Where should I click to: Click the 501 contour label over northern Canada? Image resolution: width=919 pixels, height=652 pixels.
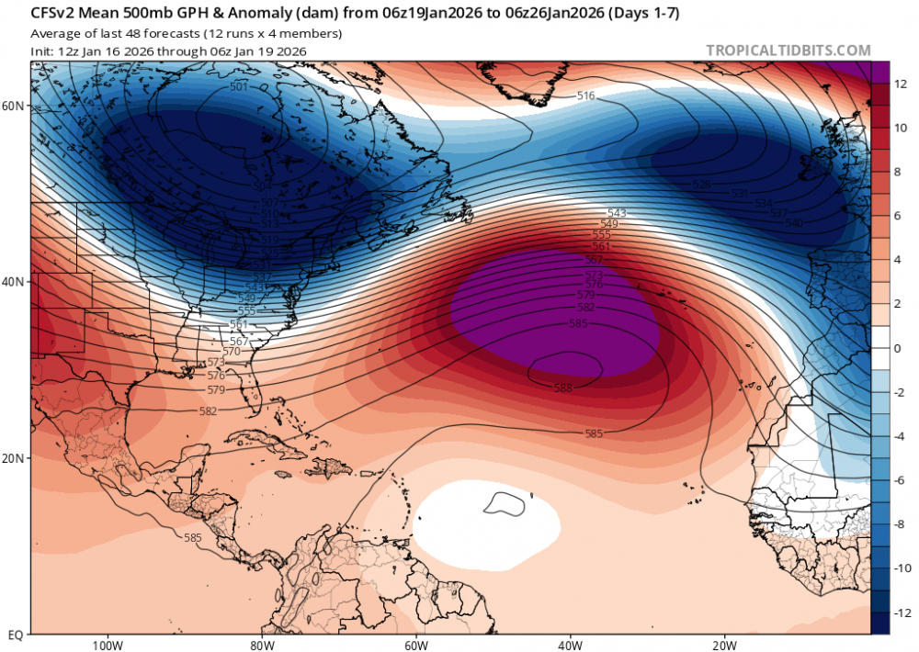click(239, 87)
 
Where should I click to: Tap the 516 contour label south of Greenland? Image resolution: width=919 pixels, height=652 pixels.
click(585, 96)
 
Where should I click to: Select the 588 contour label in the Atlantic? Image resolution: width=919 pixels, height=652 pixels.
click(563, 388)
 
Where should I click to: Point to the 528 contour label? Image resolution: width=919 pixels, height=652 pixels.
click(701, 185)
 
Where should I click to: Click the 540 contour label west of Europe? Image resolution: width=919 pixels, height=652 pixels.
click(794, 223)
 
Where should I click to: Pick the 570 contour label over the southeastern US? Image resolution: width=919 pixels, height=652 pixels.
click(231, 352)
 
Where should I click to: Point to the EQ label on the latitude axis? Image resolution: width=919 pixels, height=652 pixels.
click(15, 635)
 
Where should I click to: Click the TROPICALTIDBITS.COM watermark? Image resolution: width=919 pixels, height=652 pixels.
click(788, 51)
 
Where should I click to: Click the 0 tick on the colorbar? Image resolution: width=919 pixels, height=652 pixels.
click(896, 348)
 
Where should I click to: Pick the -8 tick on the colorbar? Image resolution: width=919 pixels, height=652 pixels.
click(899, 523)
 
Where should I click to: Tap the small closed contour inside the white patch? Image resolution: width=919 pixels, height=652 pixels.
click(504, 502)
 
